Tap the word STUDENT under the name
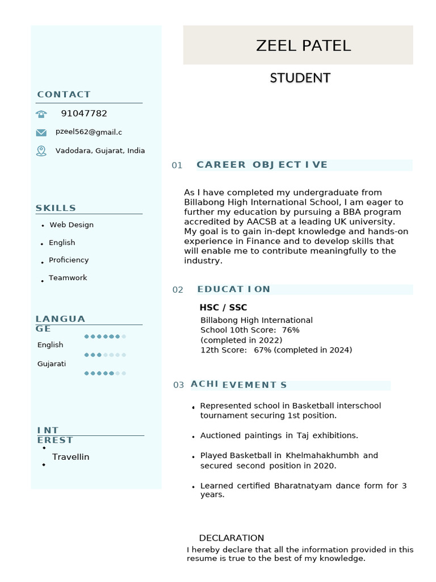pyautogui.click(x=300, y=78)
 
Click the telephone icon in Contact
pyautogui.click(x=41, y=114)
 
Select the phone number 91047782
pyautogui.click(x=84, y=114)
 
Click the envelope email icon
pyautogui.click(x=41, y=132)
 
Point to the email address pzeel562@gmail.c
pyautogui.click(x=89, y=132)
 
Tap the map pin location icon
pyautogui.click(x=41, y=151)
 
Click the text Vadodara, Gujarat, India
pyautogui.click(x=100, y=151)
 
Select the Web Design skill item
pyautogui.click(x=72, y=225)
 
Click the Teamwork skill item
pyautogui.click(x=68, y=278)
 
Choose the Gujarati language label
pyautogui.click(x=52, y=364)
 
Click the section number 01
pyautogui.click(x=177, y=165)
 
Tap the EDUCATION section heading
pyautogui.click(x=234, y=289)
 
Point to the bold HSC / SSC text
pyautogui.click(x=223, y=307)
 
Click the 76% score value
pyautogui.click(x=290, y=330)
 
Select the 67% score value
pyautogui.click(x=262, y=350)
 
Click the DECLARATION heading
pyautogui.click(x=231, y=538)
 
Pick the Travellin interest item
pyautogui.click(x=70, y=457)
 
